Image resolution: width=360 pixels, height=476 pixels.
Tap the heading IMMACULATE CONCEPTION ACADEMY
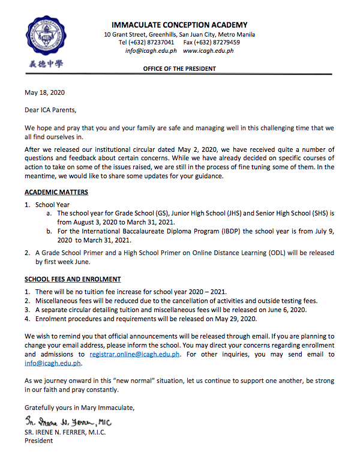[x=179, y=25]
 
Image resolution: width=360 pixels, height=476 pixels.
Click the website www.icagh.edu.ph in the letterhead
[x=208, y=51]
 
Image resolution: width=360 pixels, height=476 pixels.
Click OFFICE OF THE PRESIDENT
[x=179, y=69]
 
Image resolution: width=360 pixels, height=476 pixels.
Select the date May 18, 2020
[x=44, y=92]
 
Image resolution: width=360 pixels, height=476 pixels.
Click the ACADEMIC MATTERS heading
[x=56, y=192]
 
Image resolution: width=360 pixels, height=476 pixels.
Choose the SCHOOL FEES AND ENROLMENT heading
[x=73, y=279]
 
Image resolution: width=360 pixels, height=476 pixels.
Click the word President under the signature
[x=38, y=441]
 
